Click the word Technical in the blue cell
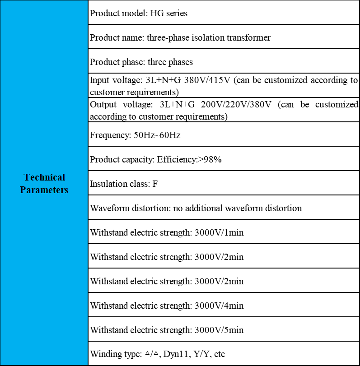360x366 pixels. (x=44, y=177)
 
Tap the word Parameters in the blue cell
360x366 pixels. (x=44, y=190)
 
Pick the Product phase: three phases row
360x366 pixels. (x=141, y=62)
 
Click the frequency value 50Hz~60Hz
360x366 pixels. (x=157, y=135)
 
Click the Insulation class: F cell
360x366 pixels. (x=123, y=184)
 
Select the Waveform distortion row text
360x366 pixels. (x=196, y=208)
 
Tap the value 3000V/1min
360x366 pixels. (x=219, y=232)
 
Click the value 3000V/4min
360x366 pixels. (x=219, y=306)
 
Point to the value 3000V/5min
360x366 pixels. (x=219, y=330)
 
